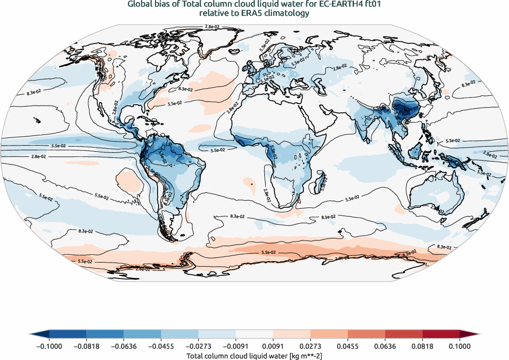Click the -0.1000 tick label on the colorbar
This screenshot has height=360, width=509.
click(49, 346)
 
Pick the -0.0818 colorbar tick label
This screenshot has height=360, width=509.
click(87, 346)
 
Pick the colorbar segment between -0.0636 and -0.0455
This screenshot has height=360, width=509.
click(143, 334)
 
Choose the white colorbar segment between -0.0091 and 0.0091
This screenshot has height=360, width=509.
click(254, 334)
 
